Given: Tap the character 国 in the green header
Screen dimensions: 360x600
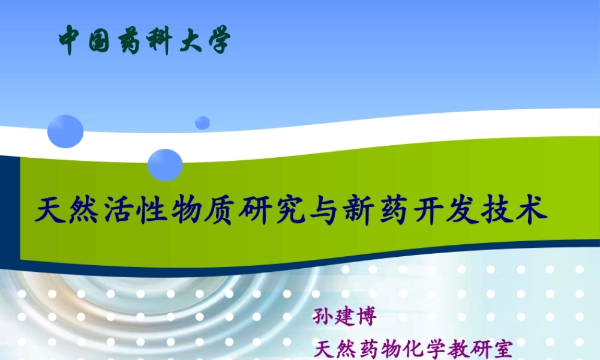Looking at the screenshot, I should [100, 40].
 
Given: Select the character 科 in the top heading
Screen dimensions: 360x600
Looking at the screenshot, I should [158, 40].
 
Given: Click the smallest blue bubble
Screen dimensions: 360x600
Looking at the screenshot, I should [203, 122].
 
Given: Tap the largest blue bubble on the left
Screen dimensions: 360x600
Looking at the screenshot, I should [65, 131].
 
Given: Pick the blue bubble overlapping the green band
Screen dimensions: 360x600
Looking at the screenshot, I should [165, 164].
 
